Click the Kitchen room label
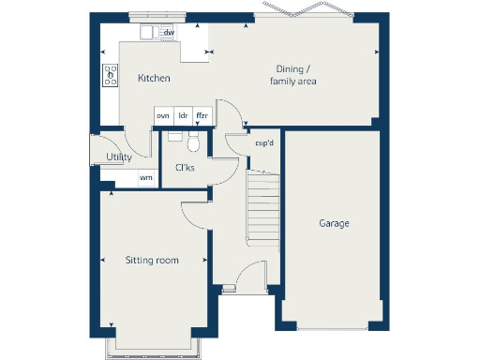(154, 79)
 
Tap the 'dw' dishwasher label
(169, 33)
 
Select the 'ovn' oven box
(162, 115)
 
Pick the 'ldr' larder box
(183, 115)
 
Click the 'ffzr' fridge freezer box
(202, 115)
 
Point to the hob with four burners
(110, 74)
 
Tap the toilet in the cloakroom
(194, 142)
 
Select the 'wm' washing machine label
(145, 176)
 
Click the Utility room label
(119, 157)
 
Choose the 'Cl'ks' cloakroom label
(184, 168)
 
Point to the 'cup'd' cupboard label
(263, 142)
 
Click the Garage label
(334, 223)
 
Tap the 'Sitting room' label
(152, 260)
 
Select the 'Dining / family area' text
(293, 75)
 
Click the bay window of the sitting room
(151, 346)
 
